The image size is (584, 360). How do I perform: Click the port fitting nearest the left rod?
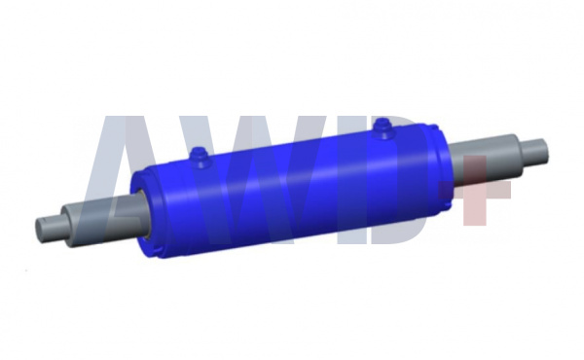pos(200,158)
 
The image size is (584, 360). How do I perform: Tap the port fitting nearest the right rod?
pos(383,128)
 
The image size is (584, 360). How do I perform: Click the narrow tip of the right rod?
pos(534,153)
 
